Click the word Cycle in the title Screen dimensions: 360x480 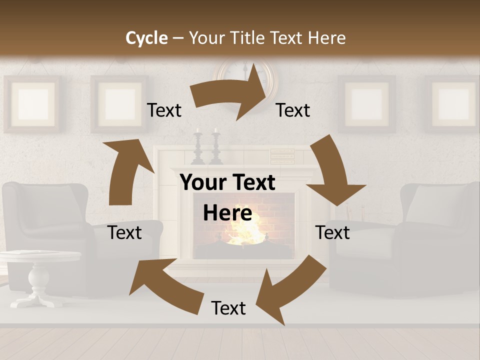click(146, 38)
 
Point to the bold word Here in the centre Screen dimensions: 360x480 click(227, 213)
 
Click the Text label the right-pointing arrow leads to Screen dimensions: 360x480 click(293, 110)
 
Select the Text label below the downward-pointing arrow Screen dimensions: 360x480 click(332, 232)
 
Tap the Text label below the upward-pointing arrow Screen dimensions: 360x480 click(125, 232)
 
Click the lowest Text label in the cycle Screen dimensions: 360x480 click(228, 308)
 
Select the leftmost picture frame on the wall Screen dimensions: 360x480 click(32, 104)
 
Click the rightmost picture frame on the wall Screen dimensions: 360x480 click(453, 104)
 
